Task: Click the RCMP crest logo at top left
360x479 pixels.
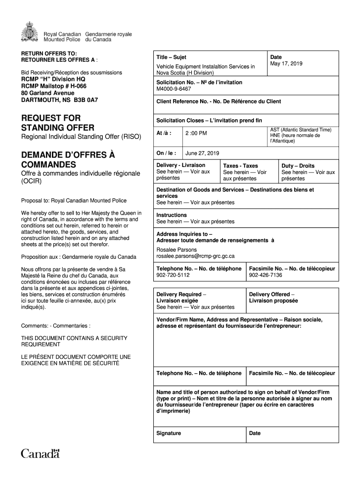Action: (x=30, y=32)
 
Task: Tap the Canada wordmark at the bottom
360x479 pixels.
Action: (x=41, y=453)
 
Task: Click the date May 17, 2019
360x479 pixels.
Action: (x=286, y=64)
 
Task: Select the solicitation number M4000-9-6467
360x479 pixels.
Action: (x=173, y=88)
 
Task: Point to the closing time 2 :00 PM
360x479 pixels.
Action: (x=196, y=133)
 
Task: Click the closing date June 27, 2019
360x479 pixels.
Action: (x=202, y=153)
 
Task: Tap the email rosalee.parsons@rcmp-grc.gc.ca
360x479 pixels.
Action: (x=195, y=256)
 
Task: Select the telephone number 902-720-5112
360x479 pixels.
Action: (x=173, y=275)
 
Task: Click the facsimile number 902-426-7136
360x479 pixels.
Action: (x=266, y=275)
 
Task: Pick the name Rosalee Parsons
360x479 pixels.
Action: (x=176, y=250)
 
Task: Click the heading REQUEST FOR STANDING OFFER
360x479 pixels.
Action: (x=58, y=123)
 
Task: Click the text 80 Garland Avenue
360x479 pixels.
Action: (x=48, y=93)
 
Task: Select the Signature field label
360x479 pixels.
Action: (x=169, y=433)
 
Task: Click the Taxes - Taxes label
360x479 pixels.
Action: (x=240, y=166)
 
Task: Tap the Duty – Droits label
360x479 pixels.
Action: (x=298, y=166)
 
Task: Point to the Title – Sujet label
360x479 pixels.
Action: (x=172, y=57)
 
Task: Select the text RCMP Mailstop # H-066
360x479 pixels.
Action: (x=54, y=86)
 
